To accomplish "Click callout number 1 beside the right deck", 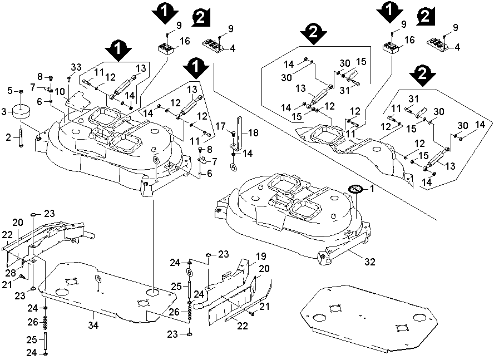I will [x=373, y=189].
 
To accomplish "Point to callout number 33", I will [x=76, y=67].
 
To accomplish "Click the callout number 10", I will [x=60, y=91].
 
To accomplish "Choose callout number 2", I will [x=8, y=137].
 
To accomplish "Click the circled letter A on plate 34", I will [x=98, y=277].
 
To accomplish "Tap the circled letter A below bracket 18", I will [x=234, y=166].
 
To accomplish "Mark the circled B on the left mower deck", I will [x=156, y=159].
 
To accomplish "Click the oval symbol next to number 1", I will [x=355, y=190].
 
